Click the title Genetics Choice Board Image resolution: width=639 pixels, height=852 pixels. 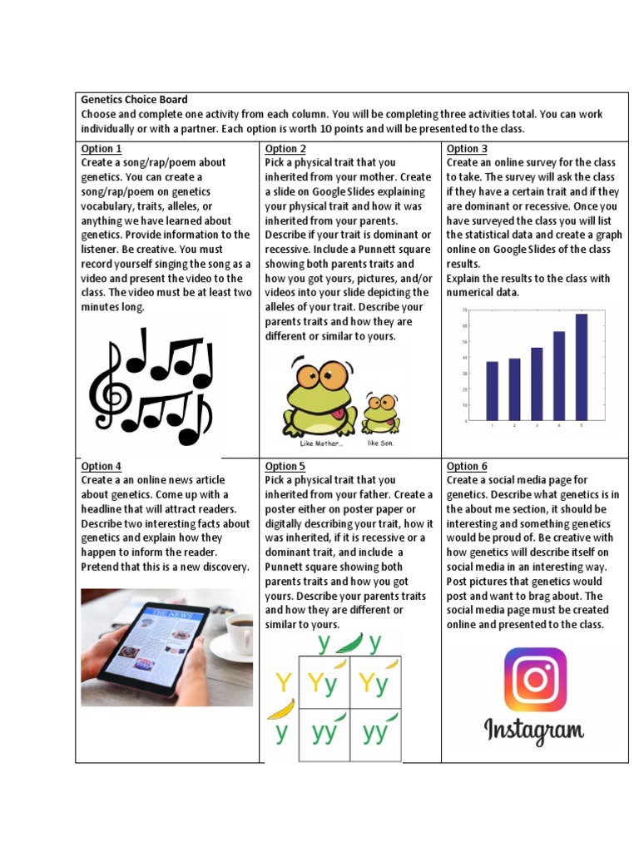pyautogui.click(x=134, y=100)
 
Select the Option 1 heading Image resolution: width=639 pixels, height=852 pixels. pyautogui.click(x=102, y=149)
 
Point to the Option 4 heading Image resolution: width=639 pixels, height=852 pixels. pyautogui.click(x=102, y=467)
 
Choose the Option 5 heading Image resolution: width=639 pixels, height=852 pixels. pyautogui.click(x=285, y=467)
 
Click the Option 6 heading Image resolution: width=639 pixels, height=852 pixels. pyautogui.click(x=467, y=467)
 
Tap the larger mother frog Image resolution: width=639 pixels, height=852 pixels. pyautogui.click(x=318, y=396)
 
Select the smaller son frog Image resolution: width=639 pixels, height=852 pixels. pyautogui.click(x=380, y=414)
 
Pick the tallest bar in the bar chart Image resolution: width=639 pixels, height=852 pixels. pyautogui.click(x=581, y=367)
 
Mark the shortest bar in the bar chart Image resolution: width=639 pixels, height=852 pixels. pyautogui.click(x=492, y=390)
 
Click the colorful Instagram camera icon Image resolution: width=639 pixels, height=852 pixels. pyautogui.click(x=535, y=680)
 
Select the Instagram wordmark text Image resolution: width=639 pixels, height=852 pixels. pyautogui.click(x=534, y=731)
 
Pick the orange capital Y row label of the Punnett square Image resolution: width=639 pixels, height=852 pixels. pyautogui.click(x=284, y=684)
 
